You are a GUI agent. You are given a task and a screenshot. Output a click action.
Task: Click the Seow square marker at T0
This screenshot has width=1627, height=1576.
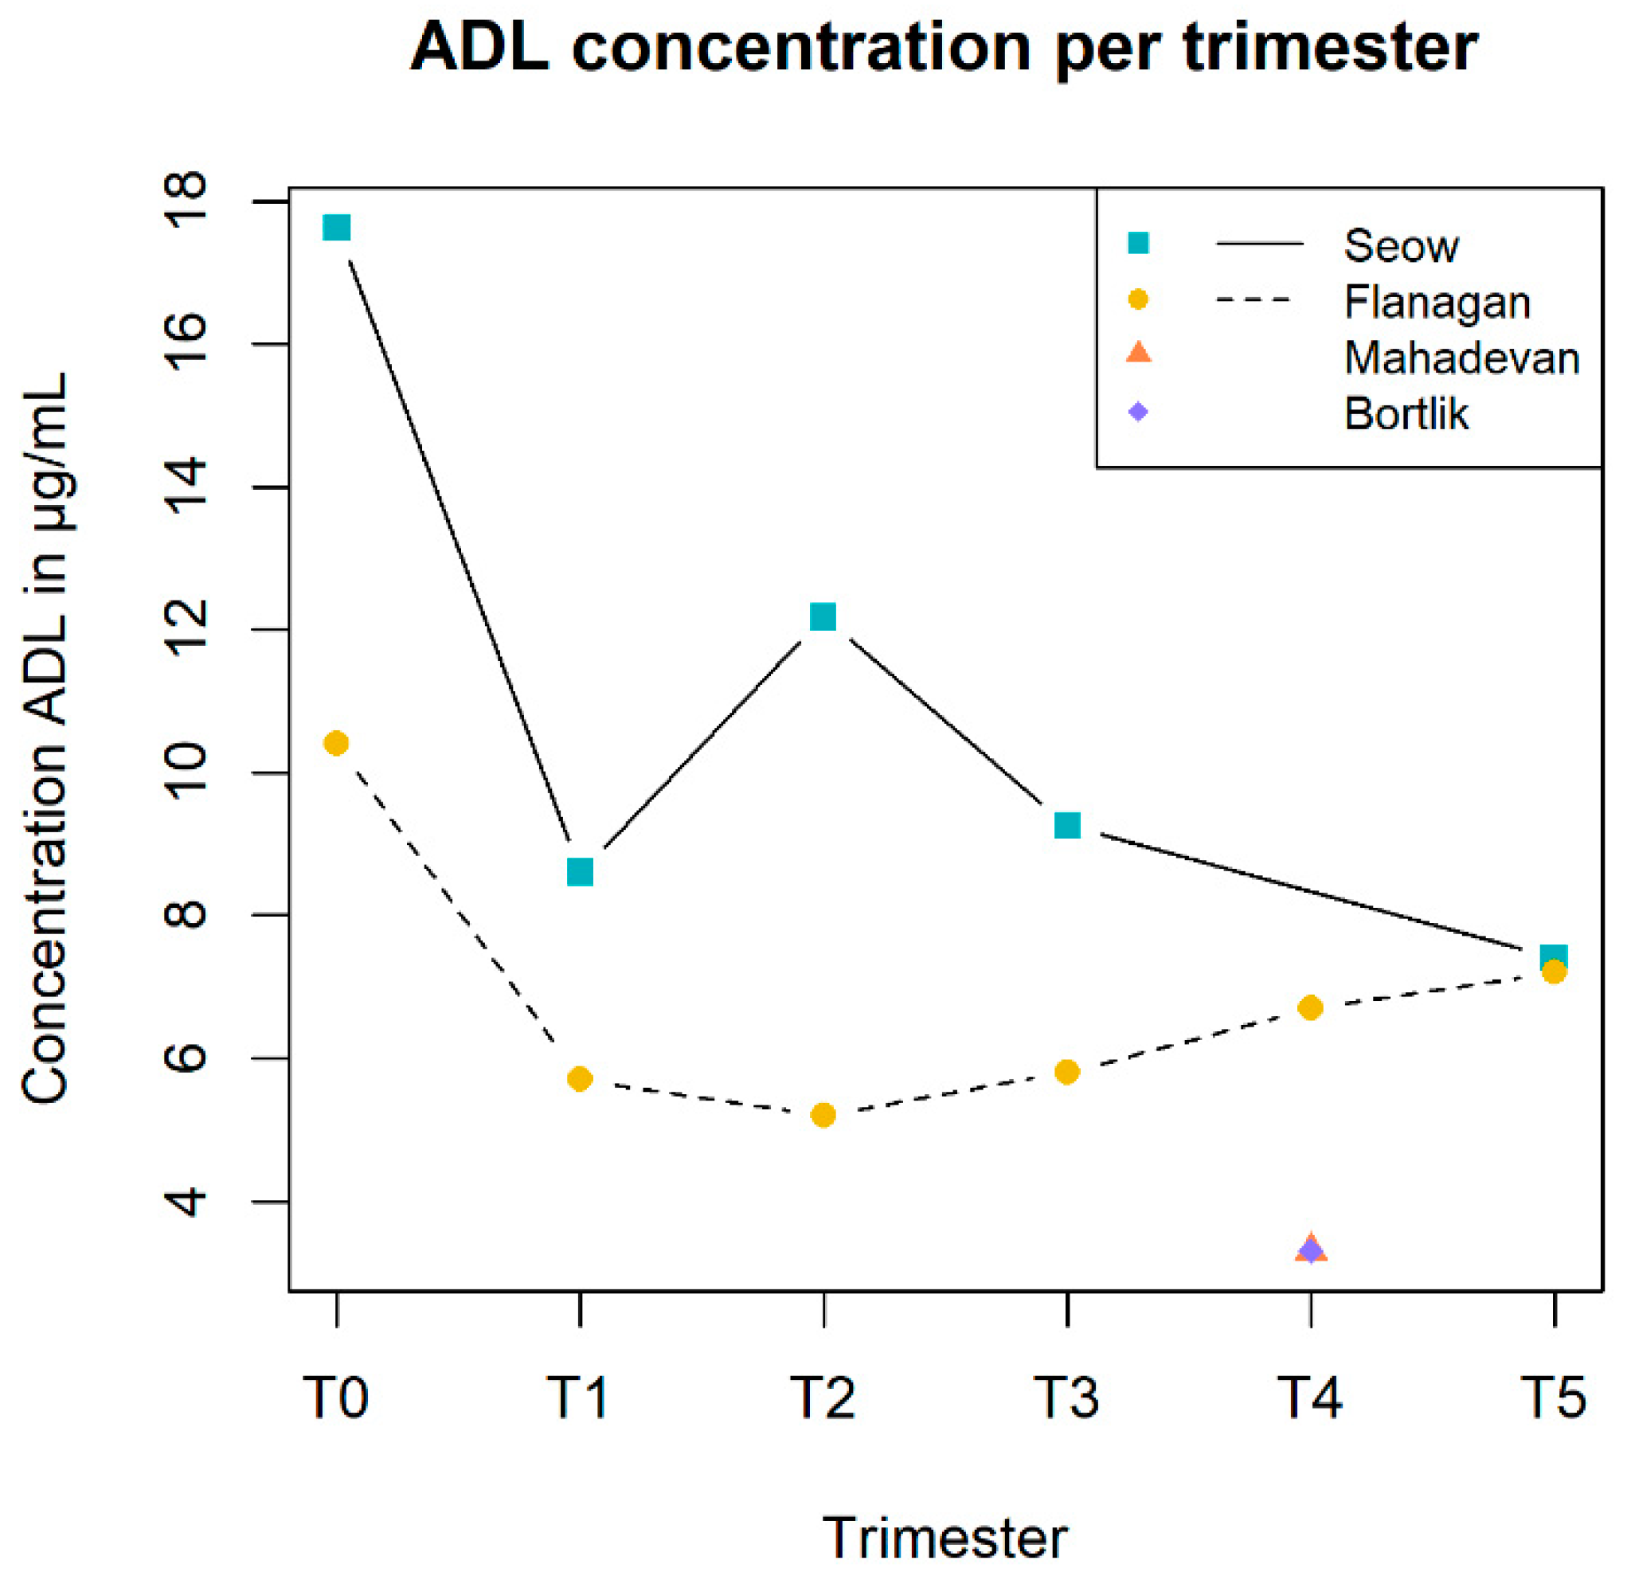(336, 228)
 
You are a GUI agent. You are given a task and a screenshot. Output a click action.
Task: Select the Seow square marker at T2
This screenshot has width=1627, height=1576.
(823, 616)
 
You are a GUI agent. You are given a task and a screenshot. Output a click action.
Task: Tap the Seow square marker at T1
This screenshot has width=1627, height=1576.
(581, 872)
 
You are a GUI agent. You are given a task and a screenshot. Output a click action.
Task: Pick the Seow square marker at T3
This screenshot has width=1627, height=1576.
(1067, 826)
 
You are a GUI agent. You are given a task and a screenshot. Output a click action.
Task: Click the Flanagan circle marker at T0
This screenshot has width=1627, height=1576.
(336, 744)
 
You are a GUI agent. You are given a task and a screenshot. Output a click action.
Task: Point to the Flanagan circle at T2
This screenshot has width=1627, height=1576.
(823, 1116)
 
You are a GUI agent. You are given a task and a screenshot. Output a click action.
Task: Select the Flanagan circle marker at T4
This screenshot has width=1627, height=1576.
(1311, 1007)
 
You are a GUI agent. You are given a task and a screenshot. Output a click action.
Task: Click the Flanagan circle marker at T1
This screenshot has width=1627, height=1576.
(581, 1079)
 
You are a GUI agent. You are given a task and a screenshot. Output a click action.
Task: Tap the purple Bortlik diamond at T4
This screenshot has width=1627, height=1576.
(1311, 1249)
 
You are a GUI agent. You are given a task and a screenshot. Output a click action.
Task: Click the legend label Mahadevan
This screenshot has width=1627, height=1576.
(1461, 358)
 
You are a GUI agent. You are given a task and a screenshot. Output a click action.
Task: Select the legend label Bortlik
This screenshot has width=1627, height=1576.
(1406, 414)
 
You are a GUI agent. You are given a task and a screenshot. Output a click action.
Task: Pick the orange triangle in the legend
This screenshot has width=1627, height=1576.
(1139, 354)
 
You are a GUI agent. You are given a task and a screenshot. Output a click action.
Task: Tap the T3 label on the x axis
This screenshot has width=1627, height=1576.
(1067, 1397)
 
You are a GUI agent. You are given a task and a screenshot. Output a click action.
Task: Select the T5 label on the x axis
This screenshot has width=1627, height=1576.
(1553, 1397)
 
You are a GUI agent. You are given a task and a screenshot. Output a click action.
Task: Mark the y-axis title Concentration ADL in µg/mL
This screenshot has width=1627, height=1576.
(45, 737)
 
